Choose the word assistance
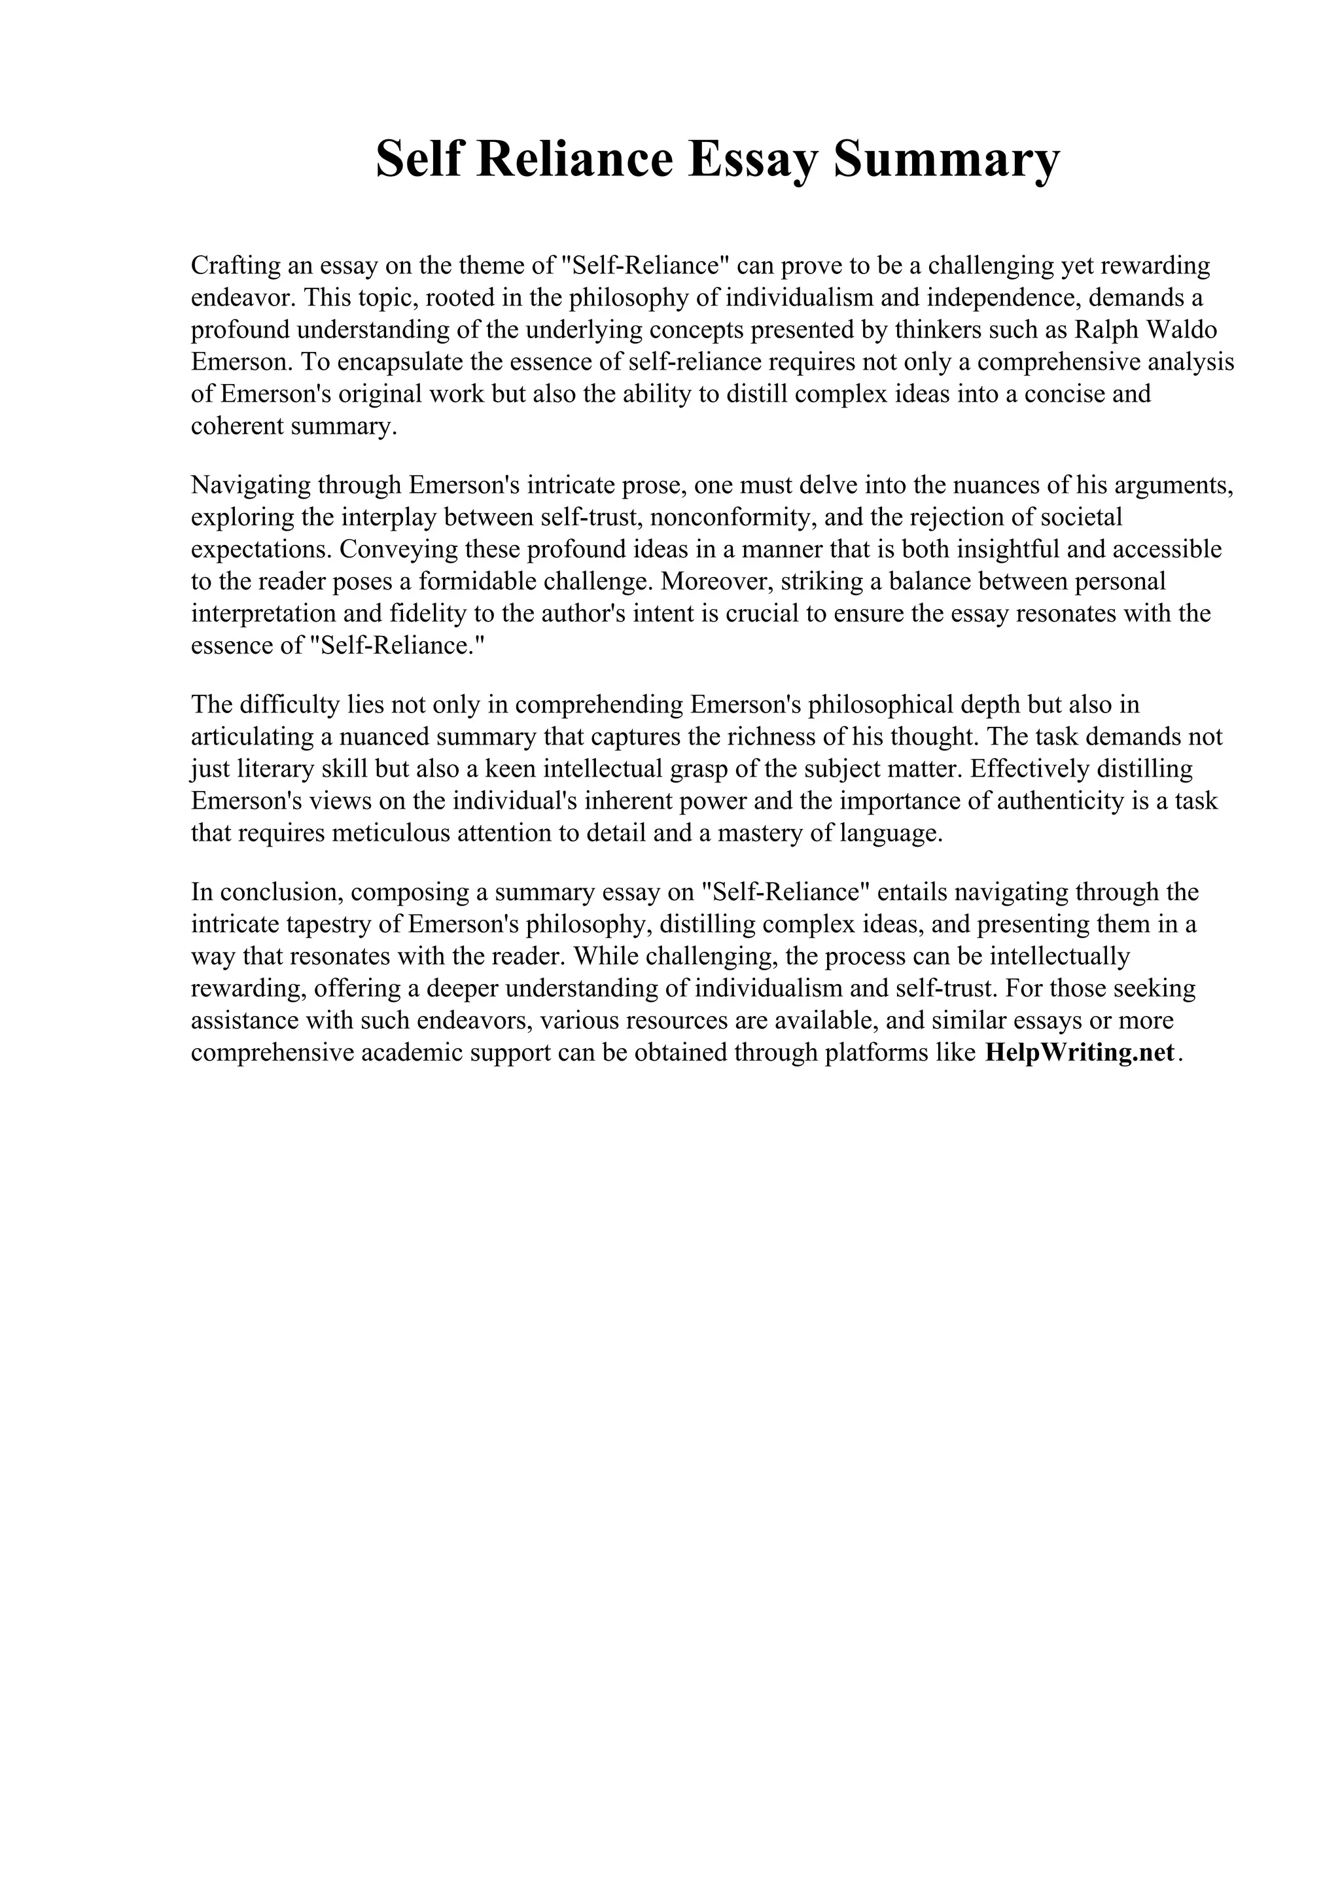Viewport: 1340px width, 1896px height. [x=245, y=1021]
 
